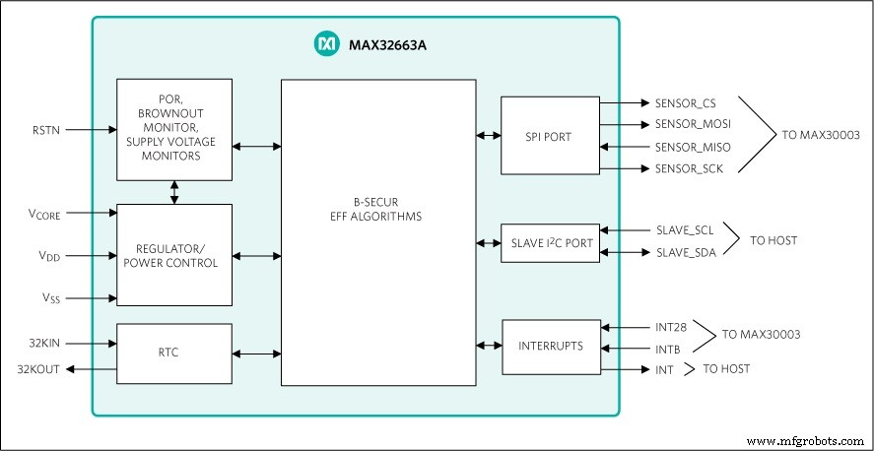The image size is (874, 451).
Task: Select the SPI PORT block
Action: click(549, 135)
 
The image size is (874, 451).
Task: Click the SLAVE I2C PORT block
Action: click(549, 243)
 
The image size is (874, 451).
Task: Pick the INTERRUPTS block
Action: click(551, 347)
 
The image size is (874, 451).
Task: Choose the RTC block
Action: click(174, 354)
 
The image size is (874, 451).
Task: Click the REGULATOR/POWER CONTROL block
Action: click(174, 255)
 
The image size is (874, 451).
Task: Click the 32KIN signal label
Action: click(46, 344)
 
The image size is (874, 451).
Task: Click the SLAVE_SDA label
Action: click(686, 253)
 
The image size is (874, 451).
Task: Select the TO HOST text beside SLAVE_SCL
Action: click(773, 240)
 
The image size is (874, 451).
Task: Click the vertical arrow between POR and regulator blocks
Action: click(174, 192)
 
